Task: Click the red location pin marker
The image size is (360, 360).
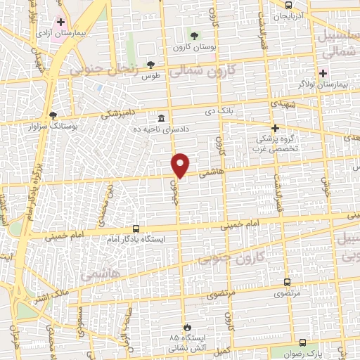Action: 181,165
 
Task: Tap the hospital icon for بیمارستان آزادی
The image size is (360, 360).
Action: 61,22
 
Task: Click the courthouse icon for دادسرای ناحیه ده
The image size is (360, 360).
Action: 162,117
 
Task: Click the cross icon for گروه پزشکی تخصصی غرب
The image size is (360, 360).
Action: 276,128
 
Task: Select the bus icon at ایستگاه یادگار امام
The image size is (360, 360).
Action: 136,229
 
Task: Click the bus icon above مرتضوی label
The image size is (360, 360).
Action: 287,281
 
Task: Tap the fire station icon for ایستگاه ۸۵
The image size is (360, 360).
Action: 187,328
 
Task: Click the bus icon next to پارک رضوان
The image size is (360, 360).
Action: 302,342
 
